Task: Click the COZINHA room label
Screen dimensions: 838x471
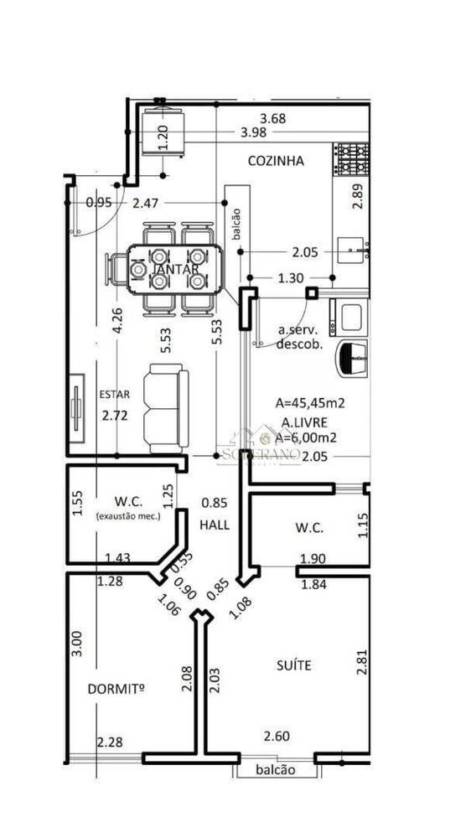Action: pyautogui.click(x=275, y=160)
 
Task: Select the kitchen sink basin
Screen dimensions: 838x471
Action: pyautogui.click(x=353, y=248)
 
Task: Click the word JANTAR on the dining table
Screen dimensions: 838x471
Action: pyautogui.click(x=176, y=269)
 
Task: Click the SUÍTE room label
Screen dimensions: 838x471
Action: pyautogui.click(x=294, y=665)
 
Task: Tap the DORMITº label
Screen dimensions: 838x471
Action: pyautogui.click(x=116, y=689)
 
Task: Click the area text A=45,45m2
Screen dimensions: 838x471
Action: pyautogui.click(x=311, y=402)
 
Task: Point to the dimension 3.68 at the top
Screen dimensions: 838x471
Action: pyautogui.click(x=272, y=118)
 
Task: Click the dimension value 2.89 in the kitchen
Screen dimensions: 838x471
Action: pyautogui.click(x=358, y=194)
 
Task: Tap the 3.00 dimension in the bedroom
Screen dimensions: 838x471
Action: pyautogui.click(x=77, y=643)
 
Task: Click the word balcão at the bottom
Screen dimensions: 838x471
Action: pyautogui.click(x=275, y=770)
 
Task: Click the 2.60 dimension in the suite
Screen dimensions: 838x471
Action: pyautogui.click(x=277, y=736)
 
